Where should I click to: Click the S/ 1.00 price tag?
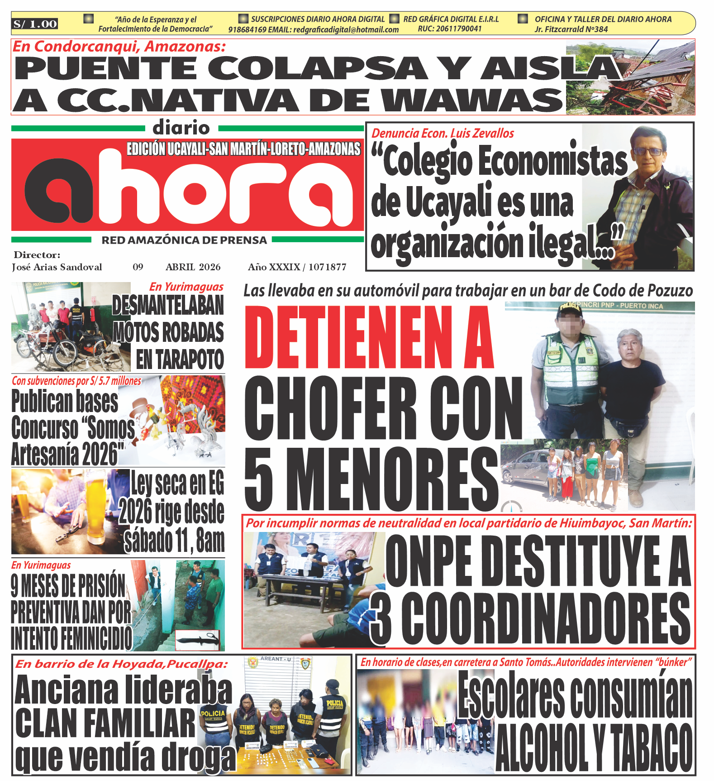click(35, 24)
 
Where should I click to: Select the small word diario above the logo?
click(181, 128)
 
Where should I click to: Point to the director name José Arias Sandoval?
click(57, 267)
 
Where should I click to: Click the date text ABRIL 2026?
click(193, 267)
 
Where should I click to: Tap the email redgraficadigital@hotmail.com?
click(346, 30)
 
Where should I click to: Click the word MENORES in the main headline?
click(392, 479)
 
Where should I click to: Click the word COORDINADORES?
click(545, 619)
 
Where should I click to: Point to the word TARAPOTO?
click(180, 360)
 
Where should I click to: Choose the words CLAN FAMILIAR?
click(105, 723)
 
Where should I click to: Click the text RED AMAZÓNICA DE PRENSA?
click(184, 240)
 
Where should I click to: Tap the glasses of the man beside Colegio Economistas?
click(649, 152)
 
